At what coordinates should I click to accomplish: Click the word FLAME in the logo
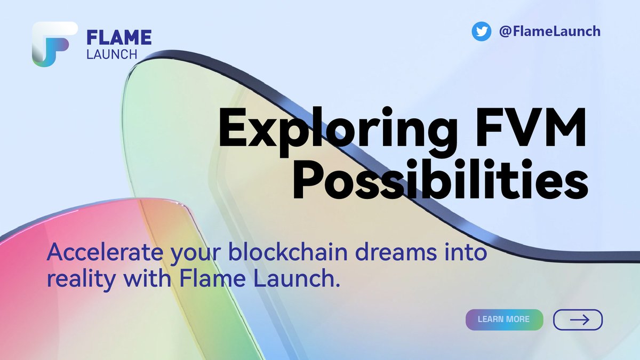click(119, 37)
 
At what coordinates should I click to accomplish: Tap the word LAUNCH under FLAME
click(112, 54)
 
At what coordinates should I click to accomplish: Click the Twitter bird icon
click(482, 31)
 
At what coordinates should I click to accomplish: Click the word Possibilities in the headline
click(441, 183)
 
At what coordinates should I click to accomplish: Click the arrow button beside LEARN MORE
click(578, 319)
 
